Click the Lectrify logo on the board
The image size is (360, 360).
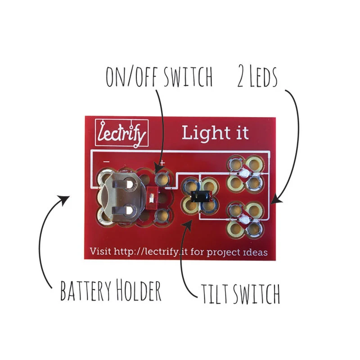[x=121, y=133]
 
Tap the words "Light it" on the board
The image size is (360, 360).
[x=215, y=133]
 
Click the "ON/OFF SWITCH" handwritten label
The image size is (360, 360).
[x=159, y=76]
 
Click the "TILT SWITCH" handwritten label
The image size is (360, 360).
[x=240, y=294]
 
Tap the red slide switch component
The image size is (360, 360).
[x=152, y=198]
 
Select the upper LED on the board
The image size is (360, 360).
[x=244, y=173]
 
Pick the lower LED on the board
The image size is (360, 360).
[x=244, y=220]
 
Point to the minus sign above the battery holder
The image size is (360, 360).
[x=106, y=162]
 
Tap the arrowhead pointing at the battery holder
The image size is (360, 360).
[x=64, y=200]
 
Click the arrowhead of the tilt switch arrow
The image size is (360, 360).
[x=188, y=225]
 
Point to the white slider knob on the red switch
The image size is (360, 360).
[x=151, y=198]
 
